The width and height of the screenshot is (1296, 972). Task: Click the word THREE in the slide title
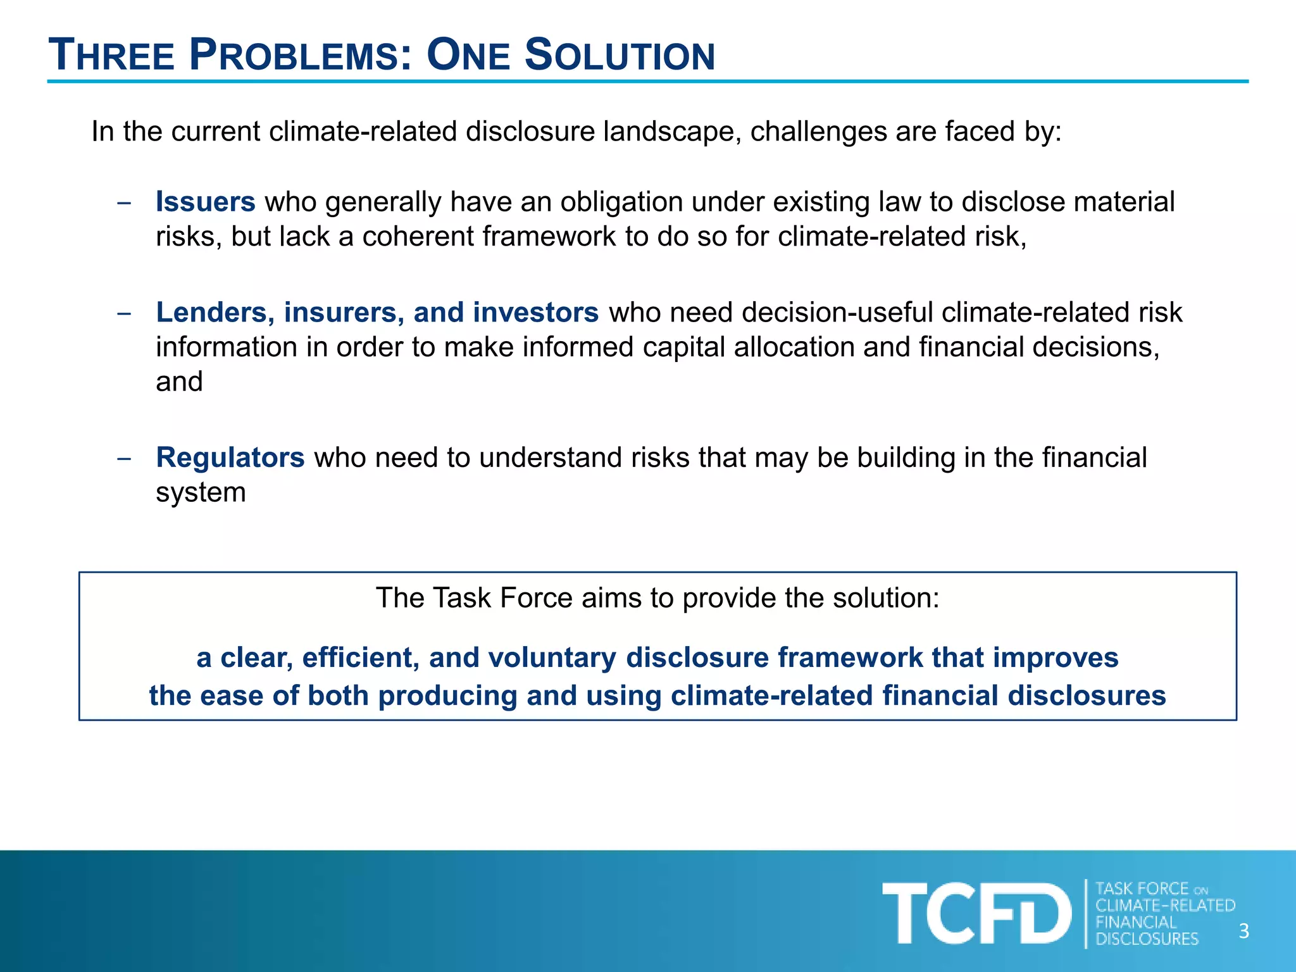[111, 56]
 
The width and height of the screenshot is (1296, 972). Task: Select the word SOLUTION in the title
[620, 56]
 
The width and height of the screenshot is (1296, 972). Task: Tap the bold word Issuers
[206, 202]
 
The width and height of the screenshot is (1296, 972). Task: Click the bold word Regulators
[230, 458]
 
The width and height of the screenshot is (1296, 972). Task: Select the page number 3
[1243, 931]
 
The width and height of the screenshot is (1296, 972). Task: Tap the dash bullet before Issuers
[124, 203]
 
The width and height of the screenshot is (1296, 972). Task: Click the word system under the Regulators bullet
[201, 493]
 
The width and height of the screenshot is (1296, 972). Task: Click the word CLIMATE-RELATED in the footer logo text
[1165, 906]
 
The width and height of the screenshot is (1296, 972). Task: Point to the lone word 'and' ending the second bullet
[179, 382]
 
